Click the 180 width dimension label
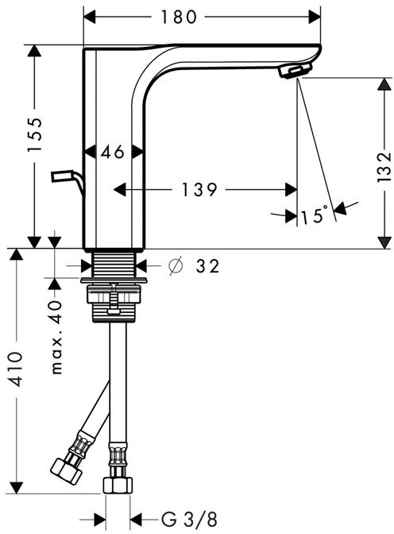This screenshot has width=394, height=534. point(179,17)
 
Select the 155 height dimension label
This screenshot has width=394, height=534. point(35,134)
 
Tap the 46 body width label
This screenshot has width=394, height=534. point(113,152)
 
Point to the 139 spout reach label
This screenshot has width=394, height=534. point(199,190)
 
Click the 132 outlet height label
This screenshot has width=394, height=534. point(384,167)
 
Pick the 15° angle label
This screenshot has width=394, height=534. point(315,215)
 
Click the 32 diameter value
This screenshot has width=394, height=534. point(207,266)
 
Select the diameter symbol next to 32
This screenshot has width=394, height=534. point(176,266)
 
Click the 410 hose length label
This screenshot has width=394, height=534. point(16,370)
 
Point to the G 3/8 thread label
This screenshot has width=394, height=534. point(188,520)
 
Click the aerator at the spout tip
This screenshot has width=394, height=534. point(295,71)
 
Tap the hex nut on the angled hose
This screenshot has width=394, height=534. point(66,471)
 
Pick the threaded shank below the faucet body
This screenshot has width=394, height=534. point(114,264)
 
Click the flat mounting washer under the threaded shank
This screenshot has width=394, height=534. point(114,281)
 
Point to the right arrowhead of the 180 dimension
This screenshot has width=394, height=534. point(315,17)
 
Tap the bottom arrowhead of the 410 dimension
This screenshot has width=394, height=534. point(16,488)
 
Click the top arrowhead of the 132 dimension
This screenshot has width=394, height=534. point(384,84)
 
